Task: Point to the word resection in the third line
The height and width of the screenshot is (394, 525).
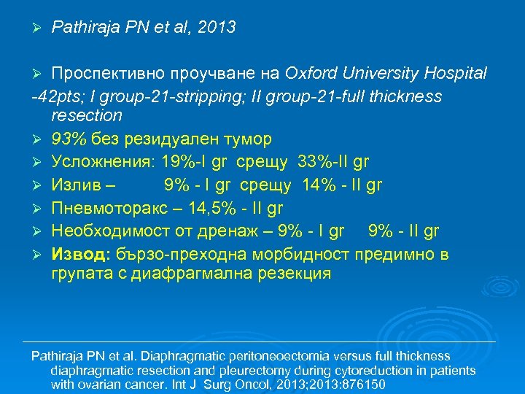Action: (x=87, y=115)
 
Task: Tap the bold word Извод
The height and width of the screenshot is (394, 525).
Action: (x=78, y=255)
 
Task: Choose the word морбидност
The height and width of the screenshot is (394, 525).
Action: (x=311, y=255)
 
